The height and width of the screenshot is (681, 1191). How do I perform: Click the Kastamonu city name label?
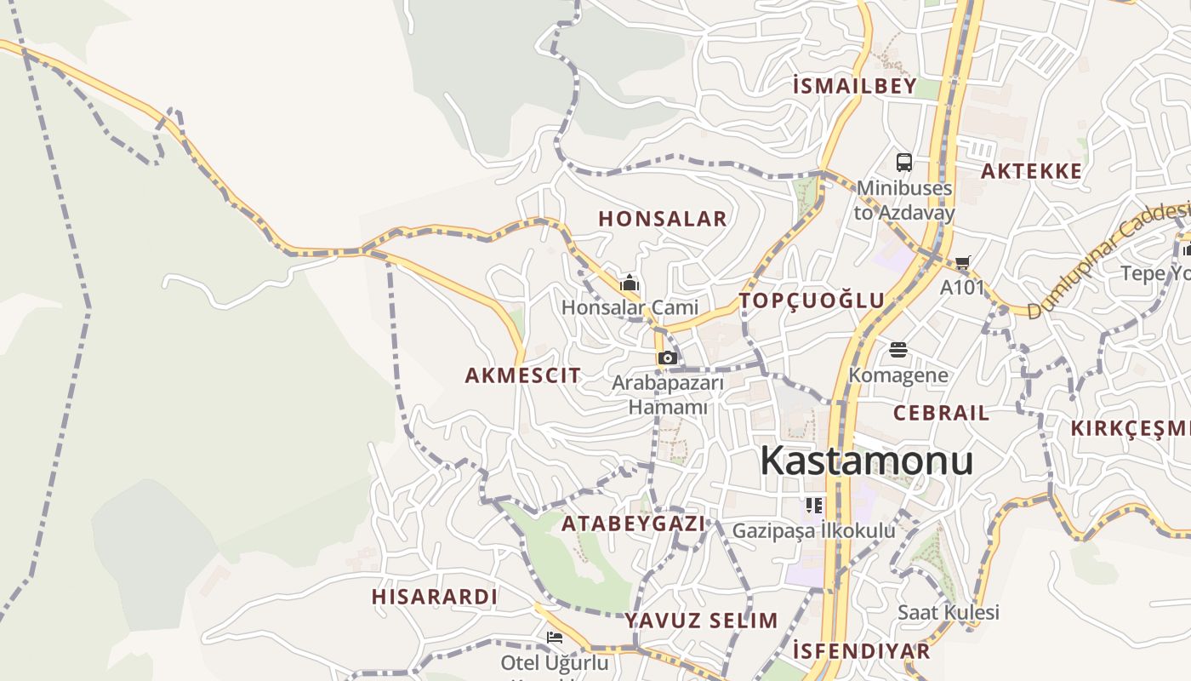click(x=866, y=461)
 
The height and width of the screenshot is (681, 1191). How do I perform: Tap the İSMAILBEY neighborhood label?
click(x=854, y=86)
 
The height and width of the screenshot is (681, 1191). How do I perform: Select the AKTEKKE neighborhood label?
click(x=1031, y=171)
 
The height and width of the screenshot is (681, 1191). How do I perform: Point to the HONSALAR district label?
click(x=663, y=219)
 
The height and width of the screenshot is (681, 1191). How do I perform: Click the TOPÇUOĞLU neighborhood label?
click(x=812, y=300)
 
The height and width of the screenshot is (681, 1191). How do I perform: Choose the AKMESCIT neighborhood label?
click(x=523, y=375)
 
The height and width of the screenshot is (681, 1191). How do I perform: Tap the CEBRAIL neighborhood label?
click(x=941, y=414)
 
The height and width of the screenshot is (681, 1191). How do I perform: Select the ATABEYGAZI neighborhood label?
click(x=634, y=524)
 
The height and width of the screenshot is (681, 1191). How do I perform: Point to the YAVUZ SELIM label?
click(x=702, y=621)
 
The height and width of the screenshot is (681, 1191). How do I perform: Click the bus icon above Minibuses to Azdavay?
click(x=904, y=162)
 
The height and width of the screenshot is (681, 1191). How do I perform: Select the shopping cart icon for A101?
click(x=962, y=263)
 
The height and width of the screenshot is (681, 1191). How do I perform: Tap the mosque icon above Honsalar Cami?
click(x=630, y=283)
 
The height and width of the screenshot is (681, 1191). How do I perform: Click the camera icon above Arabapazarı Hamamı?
click(x=668, y=358)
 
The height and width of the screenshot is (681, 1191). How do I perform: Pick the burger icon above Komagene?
click(x=898, y=350)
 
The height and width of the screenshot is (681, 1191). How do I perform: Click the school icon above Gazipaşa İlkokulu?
click(x=814, y=506)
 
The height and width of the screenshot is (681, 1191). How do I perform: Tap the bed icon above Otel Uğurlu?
click(x=555, y=637)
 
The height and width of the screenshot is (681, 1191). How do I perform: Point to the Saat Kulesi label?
click(x=949, y=612)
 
